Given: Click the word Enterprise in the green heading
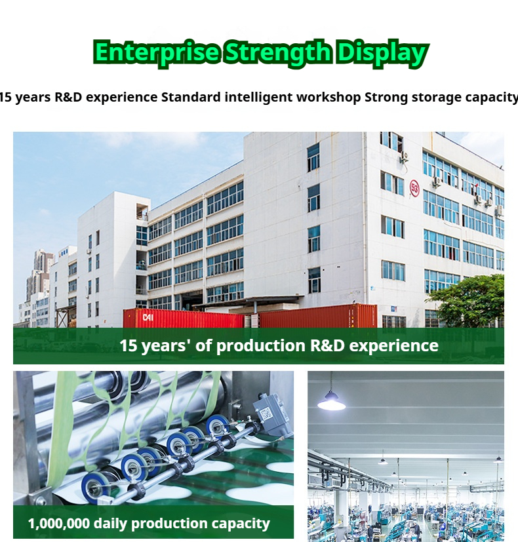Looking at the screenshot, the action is point(156,52).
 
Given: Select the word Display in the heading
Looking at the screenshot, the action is point(382,53).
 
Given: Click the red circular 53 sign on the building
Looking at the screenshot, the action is point(414,188).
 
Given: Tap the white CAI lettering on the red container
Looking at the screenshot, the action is point(148,317).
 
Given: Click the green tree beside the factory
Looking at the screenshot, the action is point(468,301).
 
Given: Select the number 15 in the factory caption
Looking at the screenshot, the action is point(129,345).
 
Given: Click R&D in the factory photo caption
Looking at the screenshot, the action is point(327,345).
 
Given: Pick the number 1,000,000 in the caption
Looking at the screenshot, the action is point(59,524).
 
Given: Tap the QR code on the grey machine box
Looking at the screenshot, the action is point(266,414).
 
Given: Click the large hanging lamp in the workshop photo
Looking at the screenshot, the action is point(331,401).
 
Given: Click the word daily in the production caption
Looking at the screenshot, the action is point(111,524).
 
